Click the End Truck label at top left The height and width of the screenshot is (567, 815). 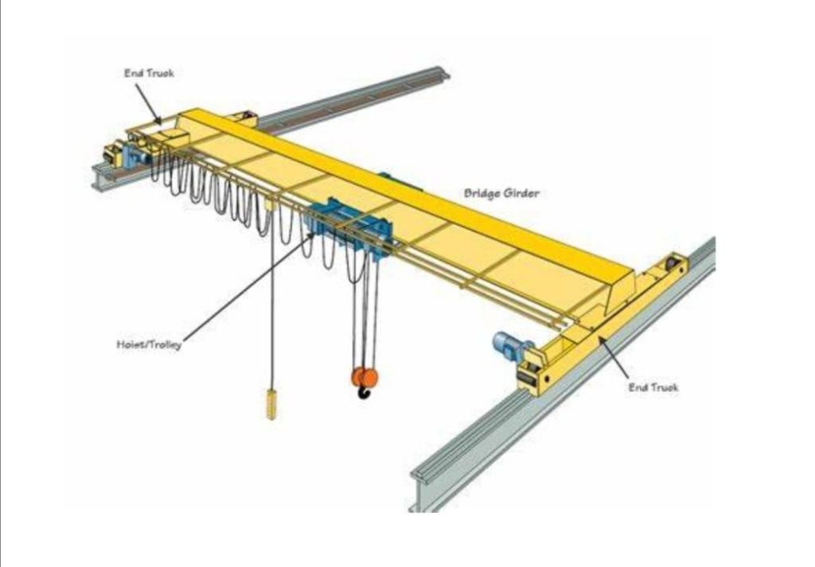click(148, 73)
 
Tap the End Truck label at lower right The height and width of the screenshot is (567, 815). click(653, 387)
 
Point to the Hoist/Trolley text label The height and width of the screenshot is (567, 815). click(148, 345)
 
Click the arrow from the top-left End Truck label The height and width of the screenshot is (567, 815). click(148, 103)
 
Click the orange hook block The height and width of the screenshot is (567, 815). click(364, 376)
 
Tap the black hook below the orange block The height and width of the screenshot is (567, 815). click(365, 392)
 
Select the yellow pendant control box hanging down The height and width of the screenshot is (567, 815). click(271, 403)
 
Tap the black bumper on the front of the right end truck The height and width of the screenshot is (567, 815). click(526, 374)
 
